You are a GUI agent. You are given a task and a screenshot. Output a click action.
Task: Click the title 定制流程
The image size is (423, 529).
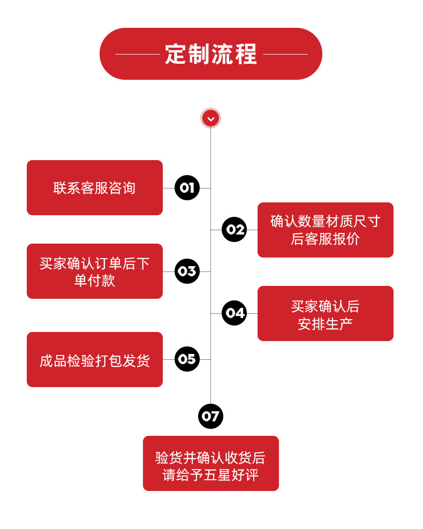211,54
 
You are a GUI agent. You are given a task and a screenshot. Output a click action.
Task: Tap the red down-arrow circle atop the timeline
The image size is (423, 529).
210,118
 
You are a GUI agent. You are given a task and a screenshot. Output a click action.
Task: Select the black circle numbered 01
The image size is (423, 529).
187,188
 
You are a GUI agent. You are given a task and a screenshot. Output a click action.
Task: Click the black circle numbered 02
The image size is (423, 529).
234,230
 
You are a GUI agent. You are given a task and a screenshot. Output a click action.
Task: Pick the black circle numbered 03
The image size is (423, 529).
187,271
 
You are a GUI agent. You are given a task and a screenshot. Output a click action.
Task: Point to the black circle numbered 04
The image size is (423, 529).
234,313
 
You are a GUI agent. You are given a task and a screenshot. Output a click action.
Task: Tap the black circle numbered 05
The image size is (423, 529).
187,359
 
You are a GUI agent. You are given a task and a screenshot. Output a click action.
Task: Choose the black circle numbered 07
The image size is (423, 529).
210,416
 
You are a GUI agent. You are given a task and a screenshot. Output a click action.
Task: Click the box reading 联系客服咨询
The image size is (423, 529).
95,188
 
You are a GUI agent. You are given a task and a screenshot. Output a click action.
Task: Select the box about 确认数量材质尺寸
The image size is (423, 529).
325,230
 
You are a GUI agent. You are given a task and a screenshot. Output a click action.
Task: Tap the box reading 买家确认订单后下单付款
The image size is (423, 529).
95,271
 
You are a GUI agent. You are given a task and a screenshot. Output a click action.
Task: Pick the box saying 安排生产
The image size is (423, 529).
325,313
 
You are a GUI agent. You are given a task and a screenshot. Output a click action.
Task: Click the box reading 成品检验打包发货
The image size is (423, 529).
95,360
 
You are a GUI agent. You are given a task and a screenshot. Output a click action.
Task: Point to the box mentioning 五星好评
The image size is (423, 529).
210,463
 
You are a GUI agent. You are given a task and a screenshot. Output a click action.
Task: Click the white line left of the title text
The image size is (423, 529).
138,54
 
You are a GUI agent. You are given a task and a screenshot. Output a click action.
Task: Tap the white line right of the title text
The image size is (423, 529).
285,54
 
